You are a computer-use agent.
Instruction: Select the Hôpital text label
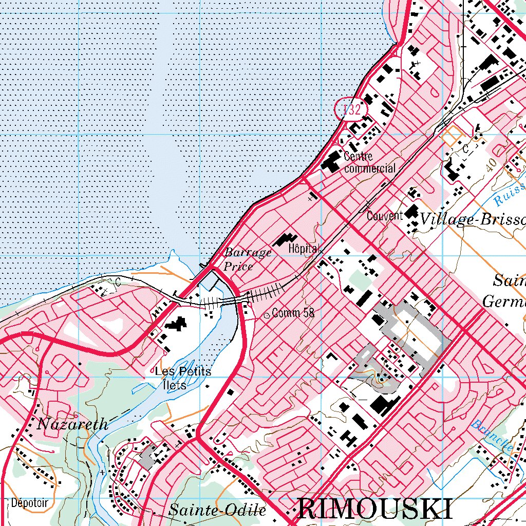304,248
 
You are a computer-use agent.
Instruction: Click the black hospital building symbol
285,240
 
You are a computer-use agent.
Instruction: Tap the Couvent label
384,216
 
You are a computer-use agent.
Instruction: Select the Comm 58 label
293,312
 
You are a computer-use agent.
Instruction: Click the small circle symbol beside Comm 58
267,315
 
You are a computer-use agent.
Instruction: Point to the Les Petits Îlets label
183,378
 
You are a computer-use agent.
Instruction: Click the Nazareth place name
72,424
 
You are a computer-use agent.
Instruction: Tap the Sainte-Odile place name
217,511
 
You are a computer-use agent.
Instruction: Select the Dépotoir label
28,502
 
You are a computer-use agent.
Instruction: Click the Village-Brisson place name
473,220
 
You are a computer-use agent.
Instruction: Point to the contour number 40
491,163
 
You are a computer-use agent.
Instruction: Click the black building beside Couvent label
411,212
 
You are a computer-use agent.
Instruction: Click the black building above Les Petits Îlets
176,324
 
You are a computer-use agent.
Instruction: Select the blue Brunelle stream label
493,435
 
